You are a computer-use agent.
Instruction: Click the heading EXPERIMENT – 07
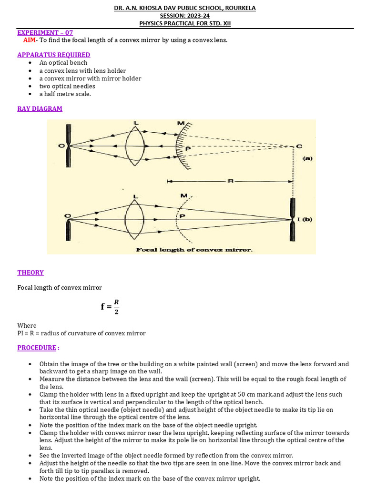(45, 32)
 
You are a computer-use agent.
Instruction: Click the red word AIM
(29, 40)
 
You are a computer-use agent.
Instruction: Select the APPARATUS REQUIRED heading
(53, 55)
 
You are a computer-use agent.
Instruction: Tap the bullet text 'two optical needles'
(67, 86)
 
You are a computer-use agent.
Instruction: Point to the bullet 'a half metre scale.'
(65, 94)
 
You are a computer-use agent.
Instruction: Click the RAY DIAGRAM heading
(40, 108)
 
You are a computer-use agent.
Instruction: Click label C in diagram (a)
(299, 146)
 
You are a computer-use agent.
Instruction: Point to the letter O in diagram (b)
(68, 216)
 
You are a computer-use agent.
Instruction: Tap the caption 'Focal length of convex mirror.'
(194, 250)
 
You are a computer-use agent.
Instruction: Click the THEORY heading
(30, 273)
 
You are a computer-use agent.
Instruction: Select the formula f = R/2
(110, 306)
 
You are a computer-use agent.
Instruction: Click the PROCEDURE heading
(37, 348)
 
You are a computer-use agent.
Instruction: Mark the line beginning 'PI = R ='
(81, 333)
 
